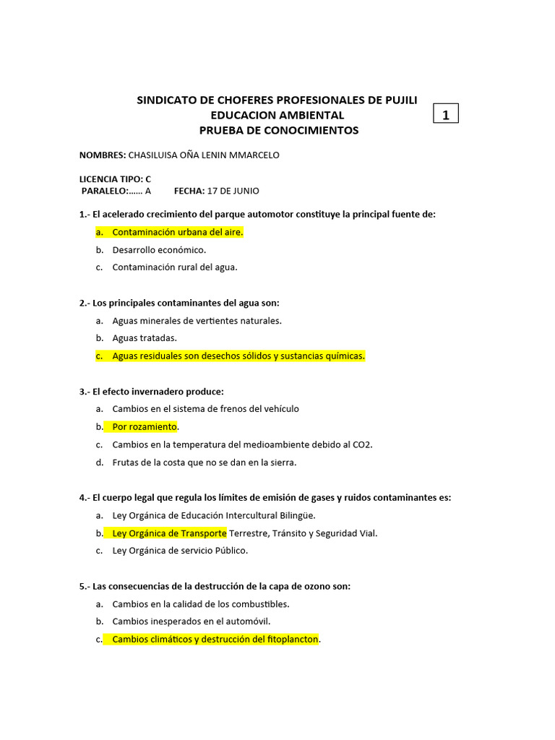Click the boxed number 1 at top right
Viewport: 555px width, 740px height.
(x=446, y=114)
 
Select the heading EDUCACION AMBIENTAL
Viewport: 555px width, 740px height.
(x=277, y=116)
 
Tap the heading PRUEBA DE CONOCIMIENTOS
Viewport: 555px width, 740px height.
(x=278, y=131)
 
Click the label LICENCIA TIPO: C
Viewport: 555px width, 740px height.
(x=115, y=178)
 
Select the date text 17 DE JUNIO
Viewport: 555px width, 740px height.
(x=233, y=192)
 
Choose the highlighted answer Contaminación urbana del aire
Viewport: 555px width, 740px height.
(x=178, y=232)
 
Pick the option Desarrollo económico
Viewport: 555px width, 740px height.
(x=159, y=250)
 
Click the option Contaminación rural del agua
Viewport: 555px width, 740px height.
(x=175, y=267)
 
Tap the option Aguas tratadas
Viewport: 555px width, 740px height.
(x=145, y=337)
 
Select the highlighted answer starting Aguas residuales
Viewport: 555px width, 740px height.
(x=238, y=356)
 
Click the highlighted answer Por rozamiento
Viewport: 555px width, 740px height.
(x=145, y=426)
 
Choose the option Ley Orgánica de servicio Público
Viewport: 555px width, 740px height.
(x=180, y=551)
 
